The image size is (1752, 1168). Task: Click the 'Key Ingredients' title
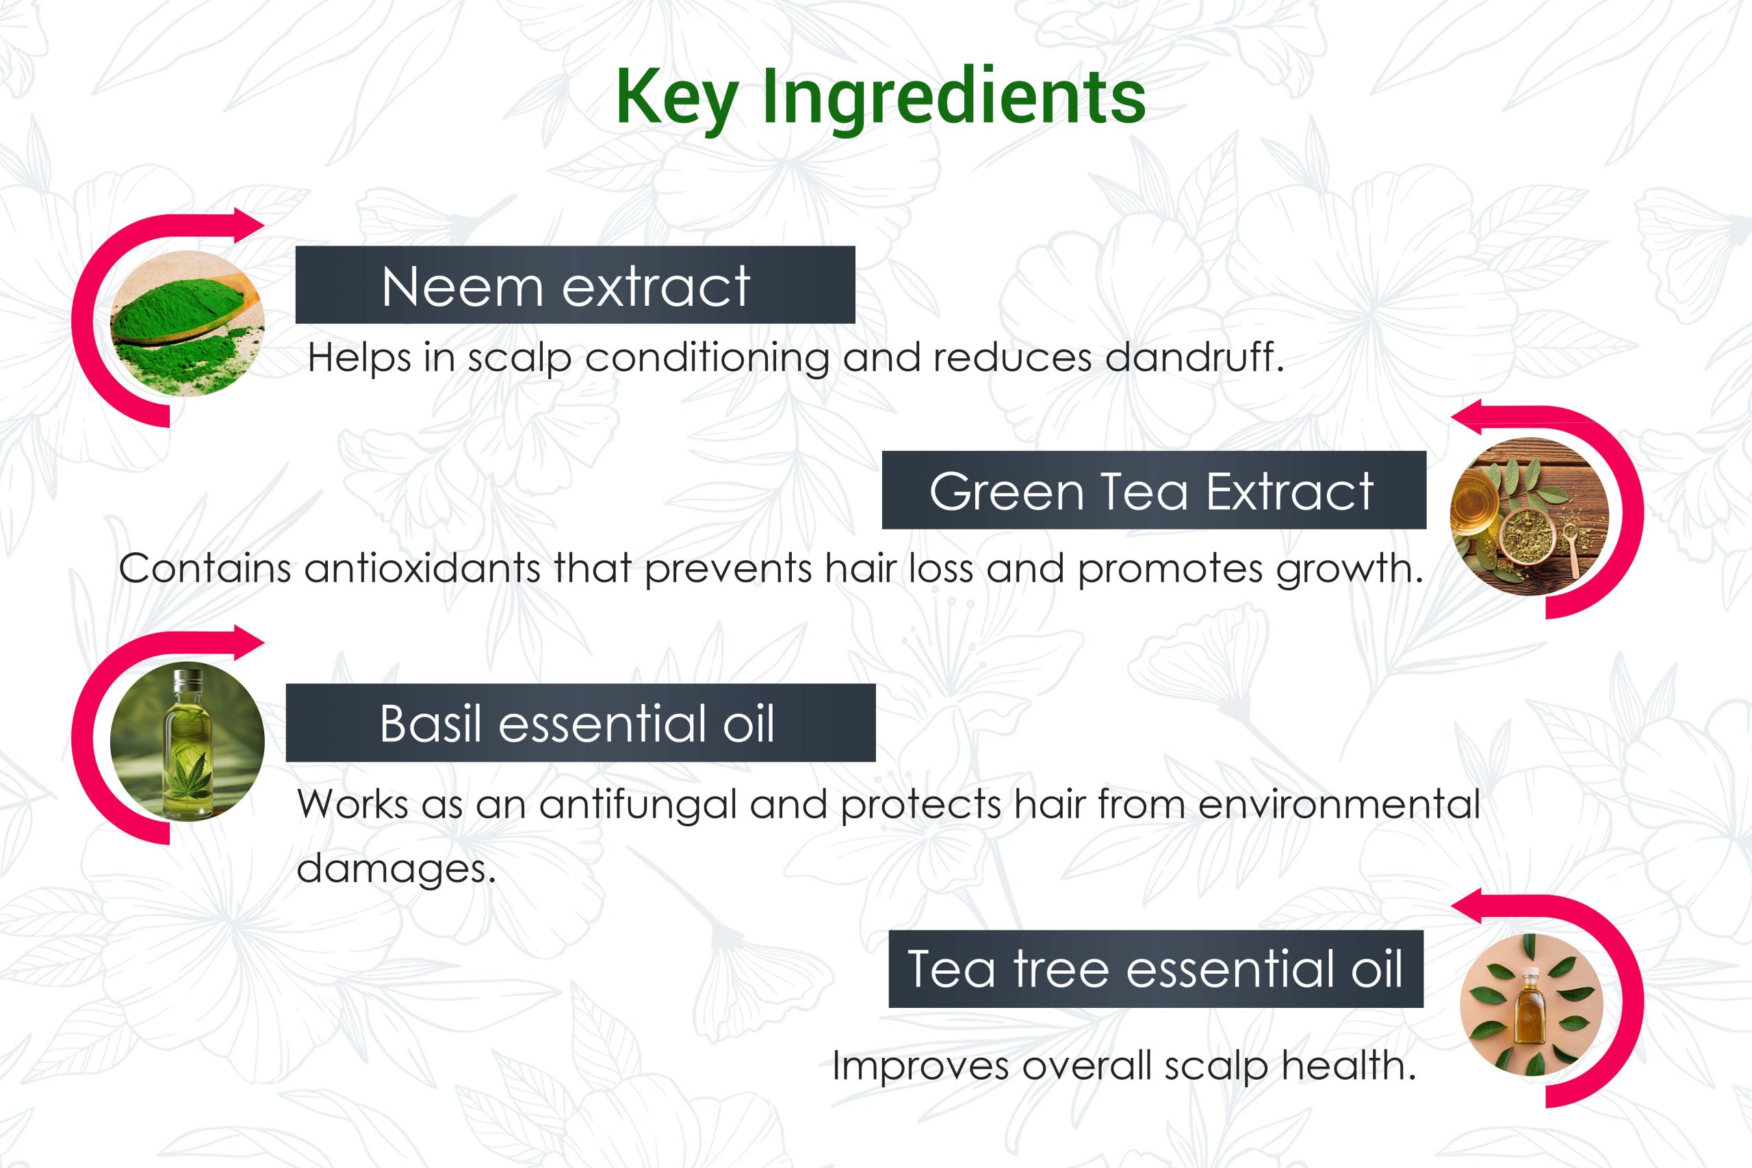click(x=881, y=99)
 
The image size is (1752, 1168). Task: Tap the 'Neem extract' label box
click(x=575, y=285)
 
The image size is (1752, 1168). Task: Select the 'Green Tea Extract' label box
click(x=1154, y=490)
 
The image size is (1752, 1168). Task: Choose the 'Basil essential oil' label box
click(x=580, y=723)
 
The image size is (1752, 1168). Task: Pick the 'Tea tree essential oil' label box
click(x=1156, y=968)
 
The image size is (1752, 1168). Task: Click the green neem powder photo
click(x=187, y=323)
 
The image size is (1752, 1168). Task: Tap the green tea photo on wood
click(x=1530, y=516)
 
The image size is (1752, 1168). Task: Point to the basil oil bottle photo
click(x=187, y=741)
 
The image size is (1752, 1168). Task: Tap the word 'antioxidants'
click(x=422, y=569)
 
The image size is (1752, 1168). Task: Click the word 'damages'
click(x=396, y=868)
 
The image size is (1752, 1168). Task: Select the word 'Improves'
click(x=920, y=1067)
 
